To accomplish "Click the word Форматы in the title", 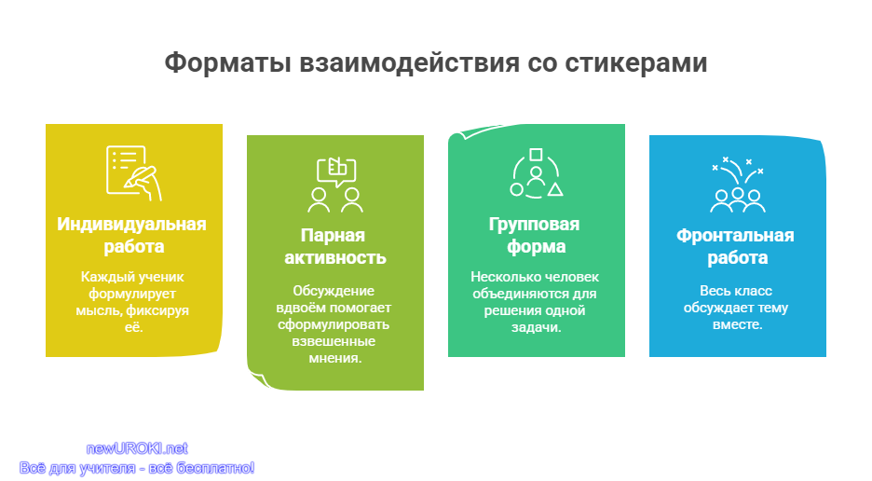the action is pyautogui.click(x=228, y=62).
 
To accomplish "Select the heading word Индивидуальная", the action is pyautogui.click(x=131, y=224).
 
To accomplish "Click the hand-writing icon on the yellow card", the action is pyautogui.click(x=134, y=172).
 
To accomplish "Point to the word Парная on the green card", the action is pyautogui.click(x=333, y=236).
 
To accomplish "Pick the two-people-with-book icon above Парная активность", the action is pyautogui.click(x=335, y=185).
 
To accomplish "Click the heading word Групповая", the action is pyautogui.click(x=534, y=225).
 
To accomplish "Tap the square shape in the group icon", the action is pyautogui.click(x=536, y=154).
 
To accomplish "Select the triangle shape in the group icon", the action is pyautogui.click(x=555, y=190).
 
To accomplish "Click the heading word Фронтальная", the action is pyautogui.click(x=735, y=236).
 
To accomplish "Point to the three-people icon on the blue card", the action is pyautogui.click(x=738, y=200).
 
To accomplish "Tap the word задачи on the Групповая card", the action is pyautogui.click(x=536, y=327).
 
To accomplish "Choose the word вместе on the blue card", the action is pyautogui.click(x=738, y=324).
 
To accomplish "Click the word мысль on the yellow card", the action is pyautogui.click(x=100, y=310).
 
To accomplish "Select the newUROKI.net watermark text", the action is pyautogui.click(x=137, y=448).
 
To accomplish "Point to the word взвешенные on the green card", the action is pyautogui.click(x=334, y=341).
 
